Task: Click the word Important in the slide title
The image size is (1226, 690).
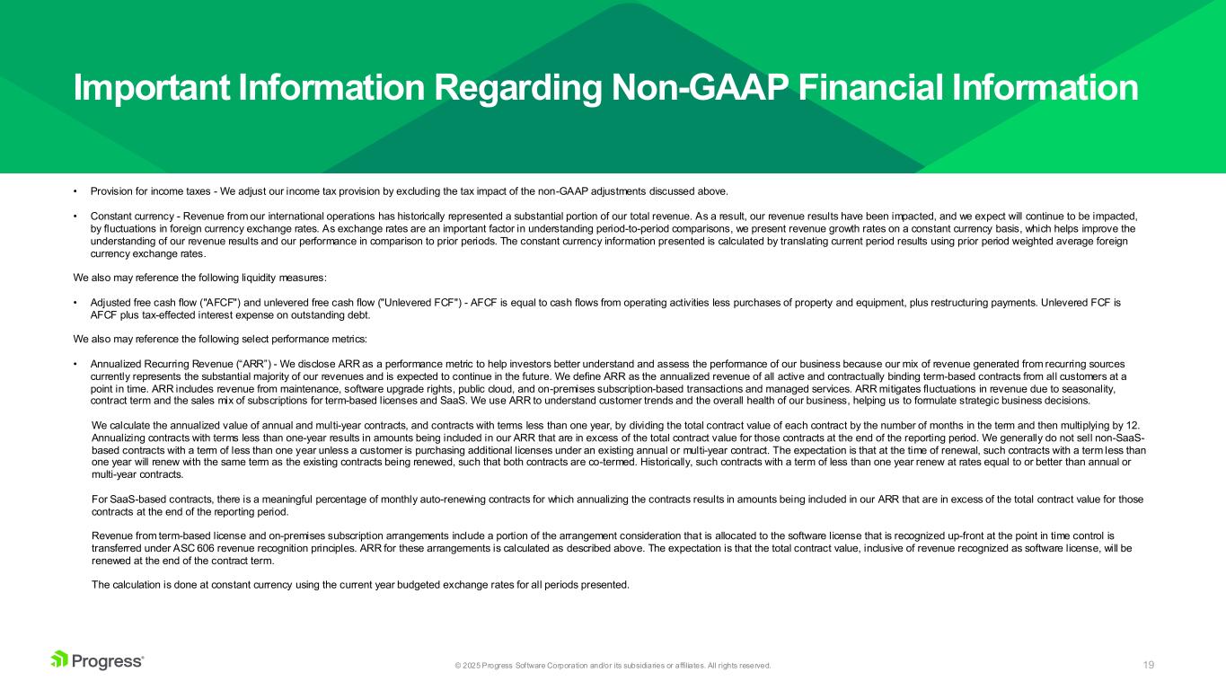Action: tap(152, 88)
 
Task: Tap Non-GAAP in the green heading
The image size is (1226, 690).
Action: tap(700, 88)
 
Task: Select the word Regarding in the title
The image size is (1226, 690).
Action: tap(517, 89)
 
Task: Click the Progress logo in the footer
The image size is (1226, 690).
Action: tap(97, 660)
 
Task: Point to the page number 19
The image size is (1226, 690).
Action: tap(1148, 665)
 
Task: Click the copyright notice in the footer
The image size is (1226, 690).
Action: tap(613, 666)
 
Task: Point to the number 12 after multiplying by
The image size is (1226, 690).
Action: tap(1133, 426)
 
